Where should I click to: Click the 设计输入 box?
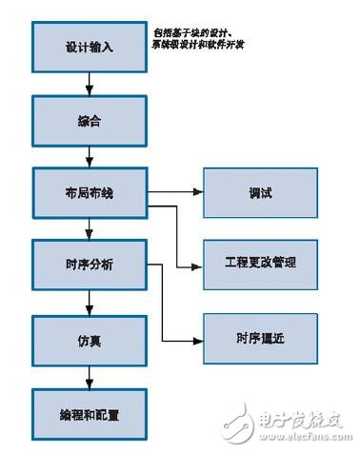coord(89,46)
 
